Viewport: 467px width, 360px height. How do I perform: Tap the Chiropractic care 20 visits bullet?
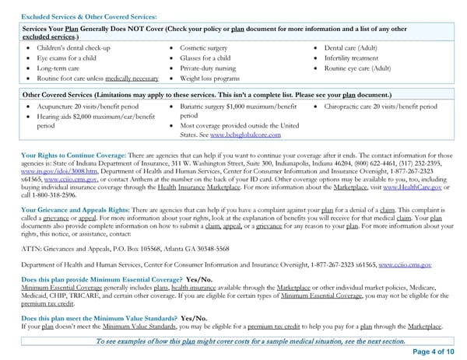pos(379,106)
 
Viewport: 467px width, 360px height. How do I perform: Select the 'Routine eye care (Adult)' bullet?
pos(357,68)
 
